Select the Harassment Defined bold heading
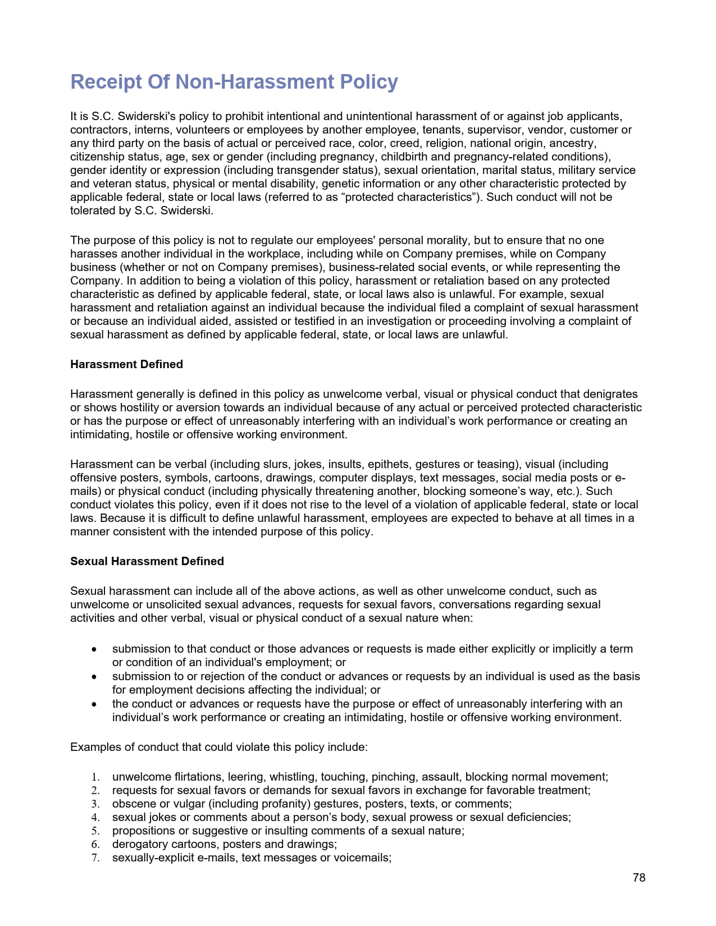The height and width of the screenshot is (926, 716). point(126,364)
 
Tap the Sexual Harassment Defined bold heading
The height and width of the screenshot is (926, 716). point(147,561)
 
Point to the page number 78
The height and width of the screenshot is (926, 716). point(639,878)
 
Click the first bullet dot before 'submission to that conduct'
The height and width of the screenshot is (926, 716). point(95,649)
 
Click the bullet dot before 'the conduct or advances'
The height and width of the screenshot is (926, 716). point(95,704)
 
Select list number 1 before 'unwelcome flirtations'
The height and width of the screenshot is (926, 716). point(95,777)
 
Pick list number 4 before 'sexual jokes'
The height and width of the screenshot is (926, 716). point(95,818)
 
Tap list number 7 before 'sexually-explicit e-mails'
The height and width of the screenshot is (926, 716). point(95,858)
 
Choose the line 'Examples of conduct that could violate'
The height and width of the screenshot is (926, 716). point(218,748)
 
